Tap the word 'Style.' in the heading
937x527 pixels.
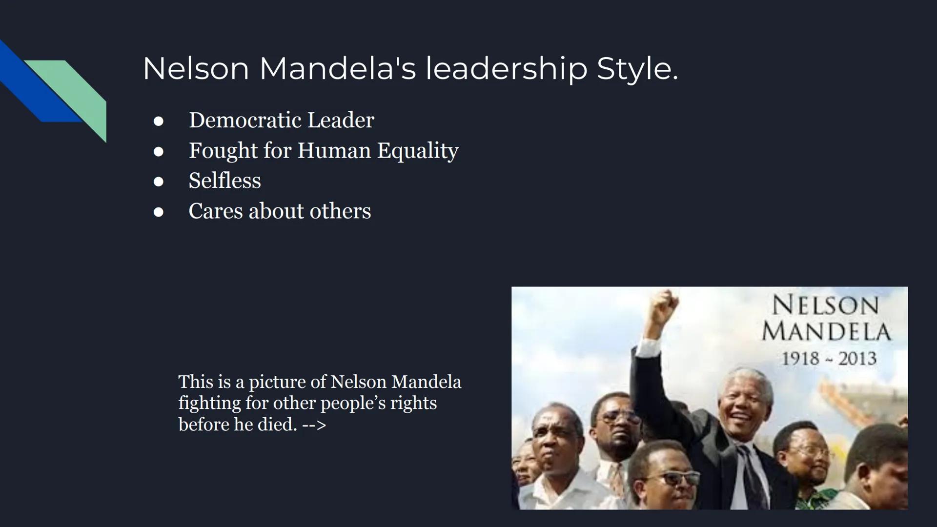click(x=637, y=69)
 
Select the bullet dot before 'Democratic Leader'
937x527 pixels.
click(x=158, y=121)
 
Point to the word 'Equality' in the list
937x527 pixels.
click(x=418, y=151)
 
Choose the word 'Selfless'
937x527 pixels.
click(x=224, y=181)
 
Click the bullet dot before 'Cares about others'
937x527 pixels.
click(x=158, y=212)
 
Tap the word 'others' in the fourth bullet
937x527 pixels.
click(x=340, y=211)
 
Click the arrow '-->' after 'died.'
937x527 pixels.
click(x=314, y=425)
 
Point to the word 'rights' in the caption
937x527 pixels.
click(x=413, y=403)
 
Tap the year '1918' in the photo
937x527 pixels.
click(x=800, y=359)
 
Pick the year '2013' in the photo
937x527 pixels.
click(x=857, y=359)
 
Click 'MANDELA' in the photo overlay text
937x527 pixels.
click(x=826, y=332)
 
